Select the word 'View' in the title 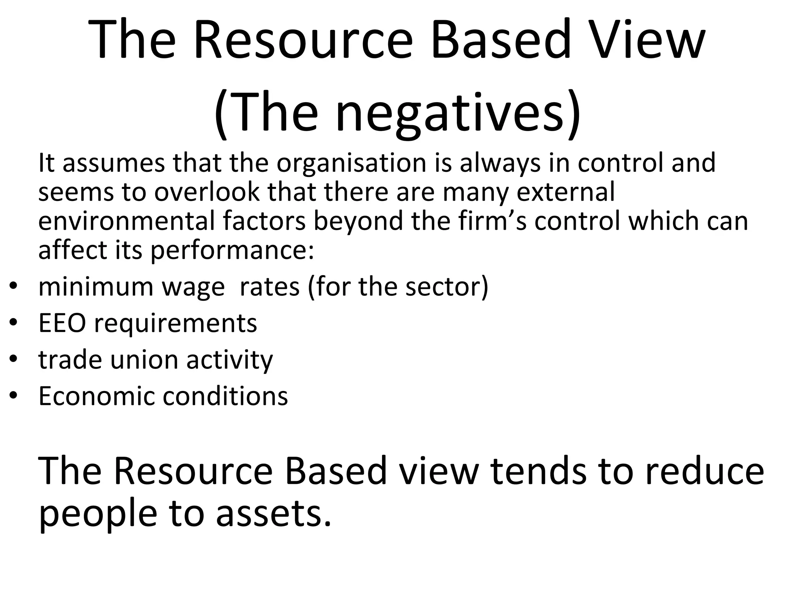click(x=647, y=40)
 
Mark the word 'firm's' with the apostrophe click(x=492, y=220)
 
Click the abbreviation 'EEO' click(x=62, y=323)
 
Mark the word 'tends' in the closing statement click(x=538, y=471)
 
